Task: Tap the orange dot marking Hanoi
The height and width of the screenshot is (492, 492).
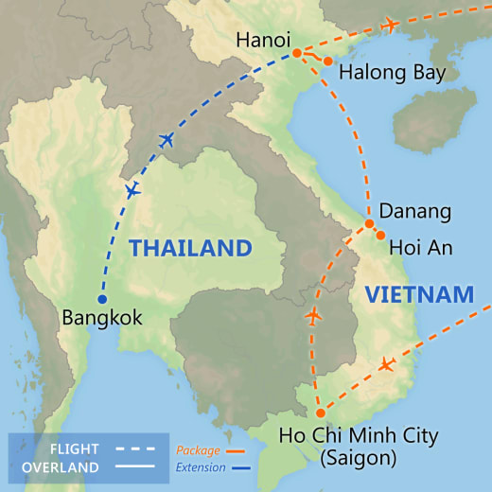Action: pos(296,53)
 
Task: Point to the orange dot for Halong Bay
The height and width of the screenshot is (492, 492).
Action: pos(327,61)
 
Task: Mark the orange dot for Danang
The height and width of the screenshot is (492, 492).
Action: pos(369,224)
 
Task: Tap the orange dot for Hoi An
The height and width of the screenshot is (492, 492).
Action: pos(380,236)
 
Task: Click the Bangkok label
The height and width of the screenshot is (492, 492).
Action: pos(101,319)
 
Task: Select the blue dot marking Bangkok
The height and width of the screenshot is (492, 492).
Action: pos(102,300)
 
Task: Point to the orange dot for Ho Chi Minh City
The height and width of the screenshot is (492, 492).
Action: pos(320,413)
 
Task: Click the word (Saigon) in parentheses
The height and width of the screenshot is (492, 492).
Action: pos(360,459)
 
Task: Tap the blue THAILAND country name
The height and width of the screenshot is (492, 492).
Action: pos(190,249)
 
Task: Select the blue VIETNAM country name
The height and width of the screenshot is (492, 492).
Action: pos(419,294)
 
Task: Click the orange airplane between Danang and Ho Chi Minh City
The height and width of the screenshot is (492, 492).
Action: pos(313,315)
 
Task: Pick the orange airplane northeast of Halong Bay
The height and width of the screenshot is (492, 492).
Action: pos(389,25)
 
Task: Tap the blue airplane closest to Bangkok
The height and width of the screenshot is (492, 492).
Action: pos(132,190)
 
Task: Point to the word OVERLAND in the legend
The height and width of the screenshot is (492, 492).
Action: pos(59,467)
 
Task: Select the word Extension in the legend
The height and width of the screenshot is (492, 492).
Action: pos(201,467)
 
